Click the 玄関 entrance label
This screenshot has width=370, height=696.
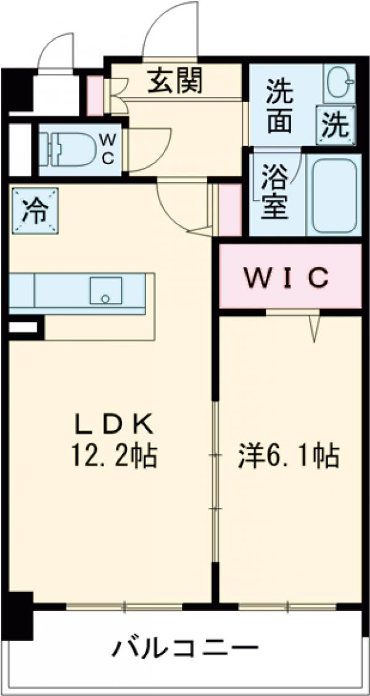point(175,81)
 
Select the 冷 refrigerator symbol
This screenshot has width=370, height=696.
point(34,210)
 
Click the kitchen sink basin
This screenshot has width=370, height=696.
point(105,290)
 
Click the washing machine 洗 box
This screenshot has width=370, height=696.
point(337,125)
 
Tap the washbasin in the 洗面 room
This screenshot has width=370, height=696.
point(338,86)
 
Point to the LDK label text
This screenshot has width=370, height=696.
point(113,425)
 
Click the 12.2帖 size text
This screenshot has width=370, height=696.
point(113,457)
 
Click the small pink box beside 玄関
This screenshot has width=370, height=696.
point(95,96)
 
